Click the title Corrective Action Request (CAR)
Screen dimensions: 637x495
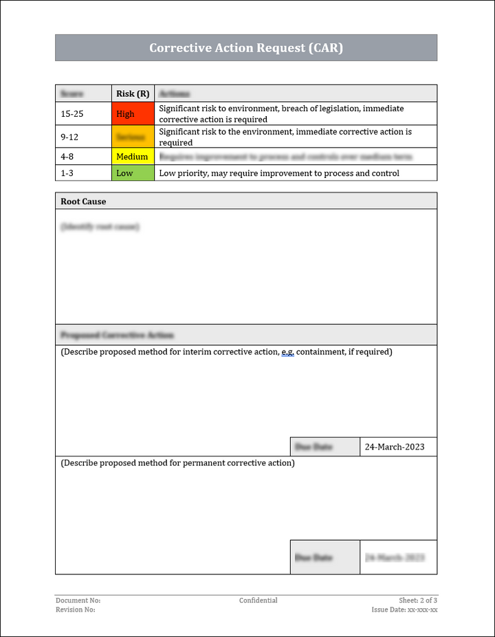[246, 48]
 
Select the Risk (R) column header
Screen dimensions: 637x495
[133, 93]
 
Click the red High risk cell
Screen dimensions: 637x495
[133, 114]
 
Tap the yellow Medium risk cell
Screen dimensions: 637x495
[133, 157]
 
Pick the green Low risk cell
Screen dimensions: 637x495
[133, 173]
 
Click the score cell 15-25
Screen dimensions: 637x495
[72, 114]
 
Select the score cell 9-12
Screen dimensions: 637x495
[69, 137]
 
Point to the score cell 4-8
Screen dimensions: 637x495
[67, 157]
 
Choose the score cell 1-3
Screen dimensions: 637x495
[67, 173]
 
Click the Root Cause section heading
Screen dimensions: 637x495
[83, 201]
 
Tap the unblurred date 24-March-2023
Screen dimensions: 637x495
[395, 447]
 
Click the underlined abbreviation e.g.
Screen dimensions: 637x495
[287, 352]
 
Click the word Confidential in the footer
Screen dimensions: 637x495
[258, 601]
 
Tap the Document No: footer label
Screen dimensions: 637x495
[78, 601]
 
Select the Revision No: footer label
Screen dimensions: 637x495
[76, 610]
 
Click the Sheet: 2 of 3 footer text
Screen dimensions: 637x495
[418, 601]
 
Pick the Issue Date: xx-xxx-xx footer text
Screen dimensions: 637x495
[405, 610]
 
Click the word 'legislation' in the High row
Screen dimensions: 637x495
[335, 109]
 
